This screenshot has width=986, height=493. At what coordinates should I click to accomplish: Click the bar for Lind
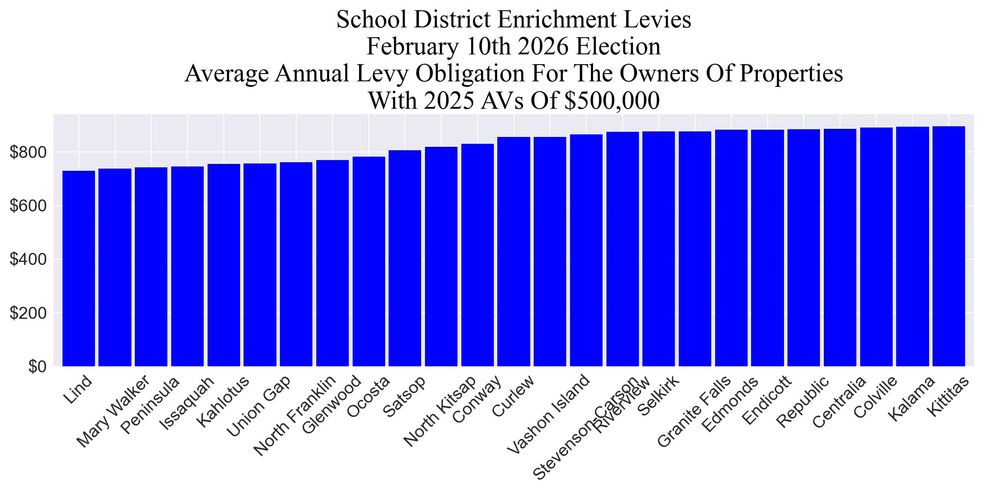[x=79, y=268]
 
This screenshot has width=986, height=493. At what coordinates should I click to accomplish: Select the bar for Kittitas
[x=948, y=246]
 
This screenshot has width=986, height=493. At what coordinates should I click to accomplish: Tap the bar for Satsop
[x=405, y=258]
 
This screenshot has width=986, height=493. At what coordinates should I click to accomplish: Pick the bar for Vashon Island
[x=550, y=252]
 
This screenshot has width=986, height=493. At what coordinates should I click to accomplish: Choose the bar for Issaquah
[x=187, y=266]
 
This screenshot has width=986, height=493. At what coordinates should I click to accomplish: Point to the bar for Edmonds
[x=731, y=248]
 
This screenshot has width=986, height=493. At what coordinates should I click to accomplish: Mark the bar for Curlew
[x=514, y=252]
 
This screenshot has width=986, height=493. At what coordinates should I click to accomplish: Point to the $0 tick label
[x=37, y=367]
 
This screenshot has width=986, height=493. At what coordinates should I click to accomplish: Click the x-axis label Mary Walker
[x=113, y=412]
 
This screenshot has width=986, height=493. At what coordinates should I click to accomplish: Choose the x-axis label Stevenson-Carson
[x=585, y=428]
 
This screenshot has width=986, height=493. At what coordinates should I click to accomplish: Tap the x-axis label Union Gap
[x=259, y=406]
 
